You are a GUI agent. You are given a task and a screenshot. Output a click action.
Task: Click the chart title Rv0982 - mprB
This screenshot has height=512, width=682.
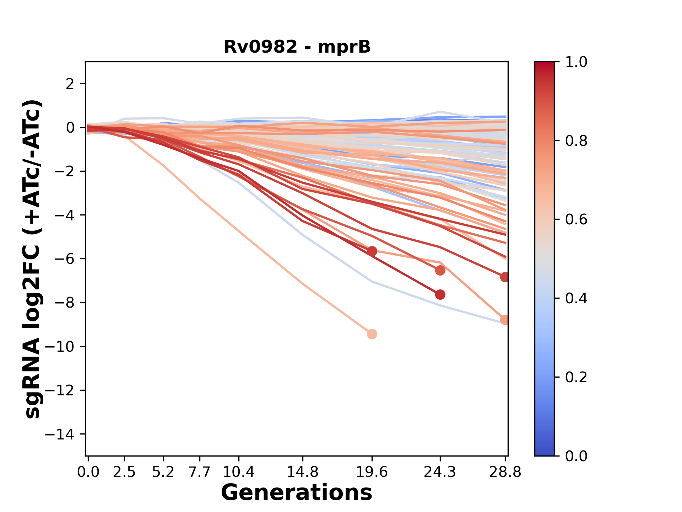pos(297,47)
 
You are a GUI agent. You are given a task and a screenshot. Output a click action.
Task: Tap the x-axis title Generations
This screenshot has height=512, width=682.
pos(297,493)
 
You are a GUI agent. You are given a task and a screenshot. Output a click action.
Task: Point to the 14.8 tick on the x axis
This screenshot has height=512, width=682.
pos(303,472)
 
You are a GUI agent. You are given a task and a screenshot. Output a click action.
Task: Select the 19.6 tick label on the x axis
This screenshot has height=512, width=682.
pos(372,472)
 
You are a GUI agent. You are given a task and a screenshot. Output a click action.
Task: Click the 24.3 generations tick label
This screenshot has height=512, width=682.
pos(440,472)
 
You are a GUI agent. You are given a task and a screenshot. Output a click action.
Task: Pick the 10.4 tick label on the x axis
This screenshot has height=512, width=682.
pos(239,472)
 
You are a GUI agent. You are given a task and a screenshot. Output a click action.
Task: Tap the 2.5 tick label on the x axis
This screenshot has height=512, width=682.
pos(124,472)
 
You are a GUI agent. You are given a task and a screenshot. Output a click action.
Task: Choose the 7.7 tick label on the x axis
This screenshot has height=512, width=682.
pos(200,472)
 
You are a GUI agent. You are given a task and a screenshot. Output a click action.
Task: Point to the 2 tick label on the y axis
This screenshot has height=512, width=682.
pos(70,84)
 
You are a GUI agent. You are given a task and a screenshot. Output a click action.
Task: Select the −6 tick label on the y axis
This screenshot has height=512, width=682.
pos(64,259)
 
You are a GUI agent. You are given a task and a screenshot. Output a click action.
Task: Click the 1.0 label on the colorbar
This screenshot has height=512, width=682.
pos(576,62)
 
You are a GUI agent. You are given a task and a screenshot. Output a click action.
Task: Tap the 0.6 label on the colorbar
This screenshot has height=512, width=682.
pos(576,220)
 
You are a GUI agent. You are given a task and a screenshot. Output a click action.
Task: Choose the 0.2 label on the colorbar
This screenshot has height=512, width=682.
pos(576,377)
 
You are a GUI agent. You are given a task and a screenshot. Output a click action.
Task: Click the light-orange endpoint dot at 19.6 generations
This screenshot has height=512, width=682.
pos(372,334)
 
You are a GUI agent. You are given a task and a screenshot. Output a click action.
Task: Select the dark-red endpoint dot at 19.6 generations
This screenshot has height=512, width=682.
pos(372,251)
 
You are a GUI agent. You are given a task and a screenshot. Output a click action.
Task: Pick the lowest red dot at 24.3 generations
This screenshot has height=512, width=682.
pos(440,294)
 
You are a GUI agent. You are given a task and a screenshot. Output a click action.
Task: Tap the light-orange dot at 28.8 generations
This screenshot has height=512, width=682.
pos(505,320)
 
